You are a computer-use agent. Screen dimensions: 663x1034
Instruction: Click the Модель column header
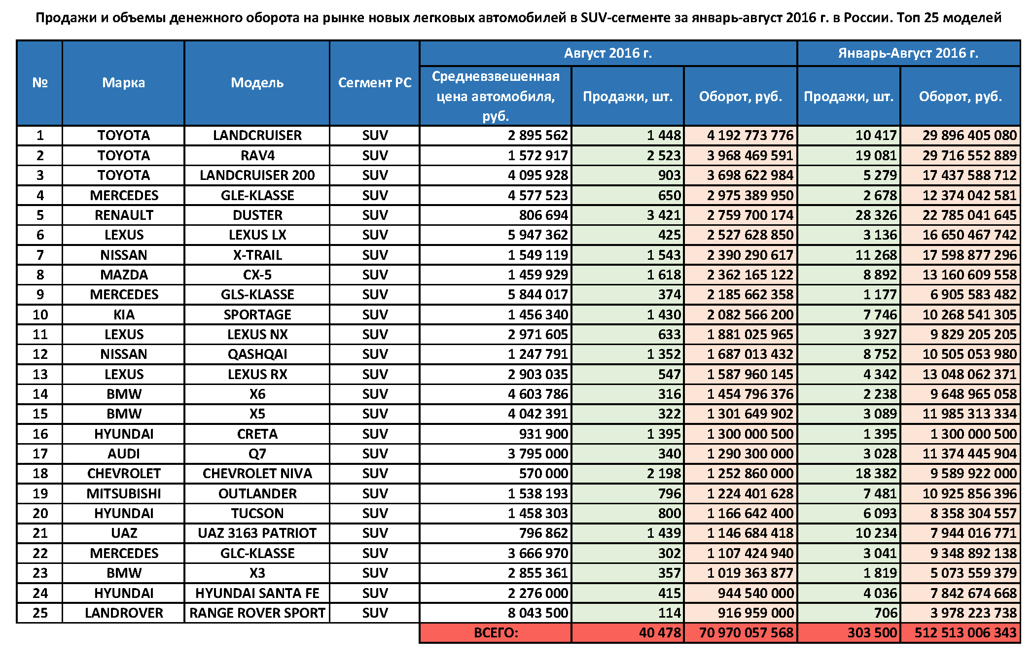[257, 82]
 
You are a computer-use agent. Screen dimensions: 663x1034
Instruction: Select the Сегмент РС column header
[374, 82]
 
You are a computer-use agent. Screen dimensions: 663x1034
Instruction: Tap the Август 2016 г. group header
[607, 53]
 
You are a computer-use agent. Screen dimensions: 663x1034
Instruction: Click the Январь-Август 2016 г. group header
[908, 53]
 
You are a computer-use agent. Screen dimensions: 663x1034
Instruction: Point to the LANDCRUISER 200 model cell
[257, 175]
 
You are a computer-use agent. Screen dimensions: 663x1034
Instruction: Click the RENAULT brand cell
[124, 215]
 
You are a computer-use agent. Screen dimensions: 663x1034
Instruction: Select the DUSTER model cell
[257, 215]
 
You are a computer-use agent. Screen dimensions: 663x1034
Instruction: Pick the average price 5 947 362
[537, 235]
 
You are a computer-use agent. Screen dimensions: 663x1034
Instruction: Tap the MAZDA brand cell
[124, 275]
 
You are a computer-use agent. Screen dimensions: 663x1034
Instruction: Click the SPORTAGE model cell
[257, 314]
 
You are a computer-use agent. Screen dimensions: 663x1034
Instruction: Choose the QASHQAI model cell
[257, 354]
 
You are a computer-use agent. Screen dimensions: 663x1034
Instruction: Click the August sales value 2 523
[663, 156]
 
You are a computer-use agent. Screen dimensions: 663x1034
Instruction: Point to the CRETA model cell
[257, 434]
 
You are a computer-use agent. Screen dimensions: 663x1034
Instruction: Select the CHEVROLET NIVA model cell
[257, 474]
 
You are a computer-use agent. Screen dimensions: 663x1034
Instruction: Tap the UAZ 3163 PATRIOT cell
[257, 533]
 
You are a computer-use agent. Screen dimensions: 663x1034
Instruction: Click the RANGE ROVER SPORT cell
[257, 613]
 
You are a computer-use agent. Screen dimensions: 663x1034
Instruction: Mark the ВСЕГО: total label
[496, 633]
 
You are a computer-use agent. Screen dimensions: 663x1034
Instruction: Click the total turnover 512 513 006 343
[965, 633]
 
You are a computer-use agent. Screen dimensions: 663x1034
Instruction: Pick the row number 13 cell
[40, 374]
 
